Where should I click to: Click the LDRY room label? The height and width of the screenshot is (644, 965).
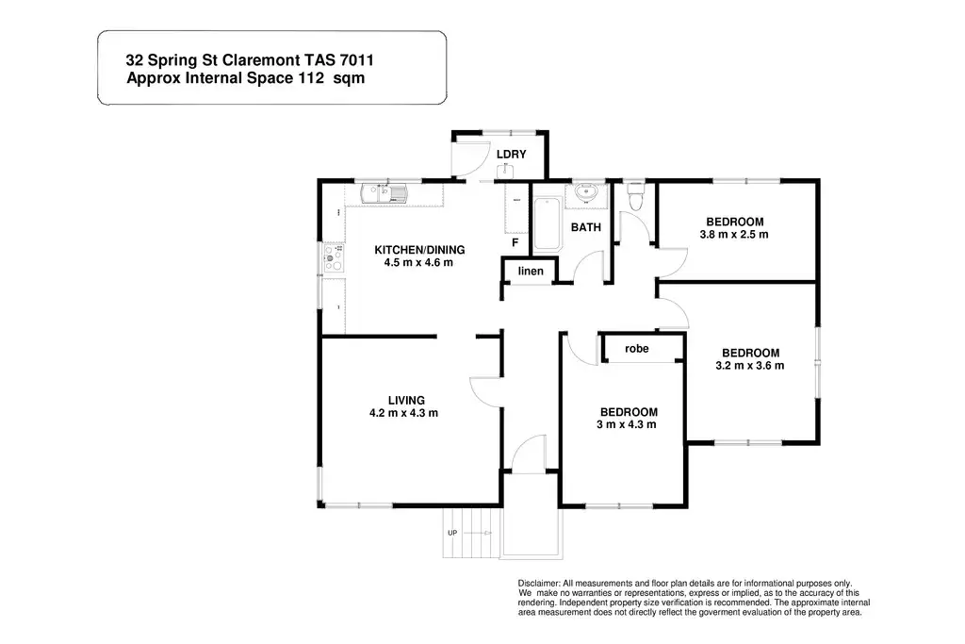(x=512, y=155)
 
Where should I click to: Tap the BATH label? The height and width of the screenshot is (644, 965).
(x=586, y=227)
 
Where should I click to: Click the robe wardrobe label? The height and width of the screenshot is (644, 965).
(x=637, y=349)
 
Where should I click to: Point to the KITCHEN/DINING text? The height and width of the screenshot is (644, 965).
(x=419, y=250)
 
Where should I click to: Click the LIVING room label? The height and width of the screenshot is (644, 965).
(x=404, y=400)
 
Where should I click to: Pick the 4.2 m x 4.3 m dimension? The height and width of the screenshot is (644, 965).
(x=404, y=413)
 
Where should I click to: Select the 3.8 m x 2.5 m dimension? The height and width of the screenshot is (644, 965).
(x=734, y=235)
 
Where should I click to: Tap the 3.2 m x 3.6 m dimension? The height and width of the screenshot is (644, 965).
(x=750, y=366)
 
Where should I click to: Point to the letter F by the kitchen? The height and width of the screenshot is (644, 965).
(x=515, y=242)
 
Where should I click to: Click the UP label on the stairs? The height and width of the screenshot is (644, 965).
(x=452, y=533)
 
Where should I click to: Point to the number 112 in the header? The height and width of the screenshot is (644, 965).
(x=298, y=79)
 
